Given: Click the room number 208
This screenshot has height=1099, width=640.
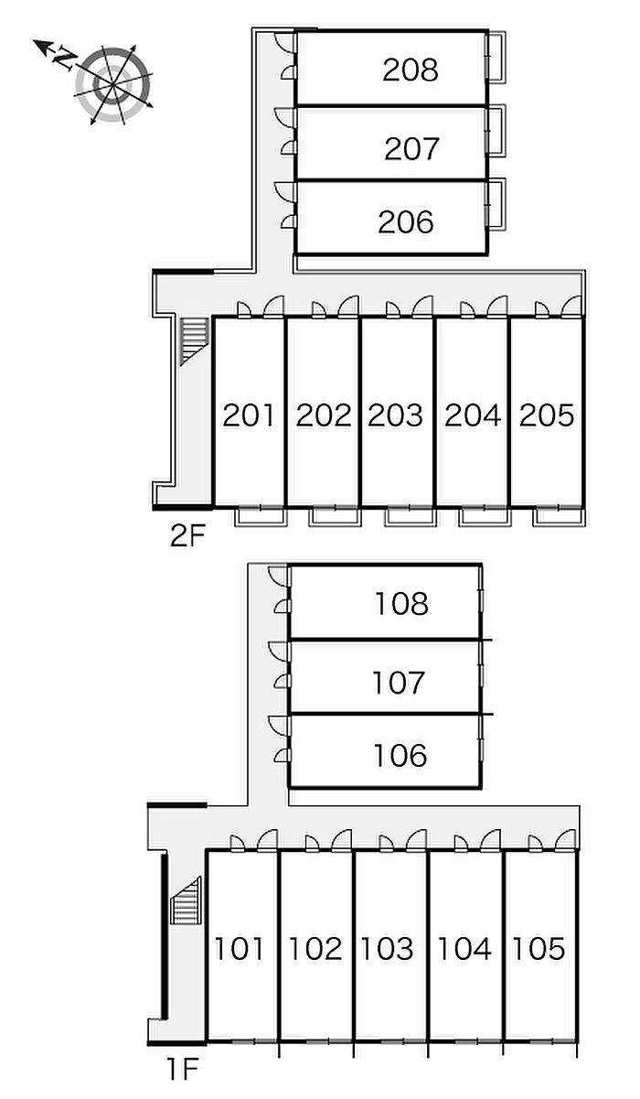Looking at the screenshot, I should (411, 70).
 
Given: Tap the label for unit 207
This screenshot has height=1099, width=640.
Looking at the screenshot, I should (412, 148).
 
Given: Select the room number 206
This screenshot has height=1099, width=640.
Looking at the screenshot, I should (406, 221).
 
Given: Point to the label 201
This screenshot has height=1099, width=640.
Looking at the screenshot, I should (249, 415).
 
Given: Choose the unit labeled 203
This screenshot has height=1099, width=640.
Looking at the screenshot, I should (396, 415).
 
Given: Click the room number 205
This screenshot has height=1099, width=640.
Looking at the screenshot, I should (547, 415).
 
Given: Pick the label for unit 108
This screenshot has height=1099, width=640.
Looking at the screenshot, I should (401, 604).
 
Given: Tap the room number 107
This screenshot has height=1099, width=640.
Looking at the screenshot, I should (400, 682).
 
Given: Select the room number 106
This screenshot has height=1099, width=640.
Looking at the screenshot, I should (400, 756).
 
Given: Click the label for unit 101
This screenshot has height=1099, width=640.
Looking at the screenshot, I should (240, 949).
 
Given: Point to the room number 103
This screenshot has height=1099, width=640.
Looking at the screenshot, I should (389, 949).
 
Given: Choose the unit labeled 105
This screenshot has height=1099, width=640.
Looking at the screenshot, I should (539, 949).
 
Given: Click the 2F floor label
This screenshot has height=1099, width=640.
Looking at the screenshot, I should (187, 535).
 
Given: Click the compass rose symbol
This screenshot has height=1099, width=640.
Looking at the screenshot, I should (112, 83).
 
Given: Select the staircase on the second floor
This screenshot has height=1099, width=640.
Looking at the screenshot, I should (193, 340).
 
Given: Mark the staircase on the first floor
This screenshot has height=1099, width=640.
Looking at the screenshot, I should (187, 901).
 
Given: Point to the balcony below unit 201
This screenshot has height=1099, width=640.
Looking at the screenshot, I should (261, 517).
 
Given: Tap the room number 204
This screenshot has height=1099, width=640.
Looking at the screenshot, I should (473, 415).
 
